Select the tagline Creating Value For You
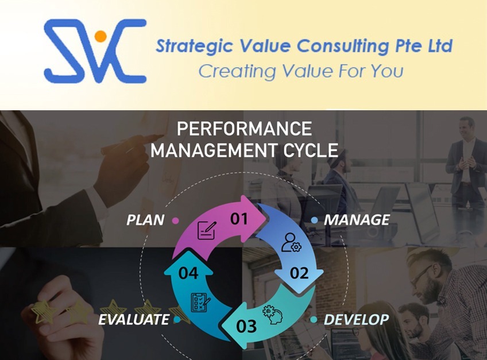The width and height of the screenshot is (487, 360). pyautogui.click(x=300, y=71)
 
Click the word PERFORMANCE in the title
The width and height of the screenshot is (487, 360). pyautogui.click(x=244, y=128)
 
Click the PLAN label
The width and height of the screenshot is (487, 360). pyautogui.click(x=145, y=220)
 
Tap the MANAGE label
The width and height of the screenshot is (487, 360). pyautogui.click(x=357, y=220)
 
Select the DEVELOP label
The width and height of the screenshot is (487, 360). pyautogui.click(x=356, y=319)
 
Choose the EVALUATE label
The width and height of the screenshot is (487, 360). pyautogui.click(x=133, y=319)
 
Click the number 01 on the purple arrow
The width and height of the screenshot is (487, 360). pyautogui.click(x=239, y=218)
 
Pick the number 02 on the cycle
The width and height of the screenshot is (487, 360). pyautogui.click(x=299, y=273)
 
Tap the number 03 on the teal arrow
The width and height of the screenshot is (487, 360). pyautogui.click(x=246, y=326)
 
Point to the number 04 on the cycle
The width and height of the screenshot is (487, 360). pyautogui.click(x=188, y=273)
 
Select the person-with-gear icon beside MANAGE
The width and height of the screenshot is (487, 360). pyautogui.click(x=290, y=243)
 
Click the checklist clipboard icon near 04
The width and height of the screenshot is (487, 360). pyautogui.click(x=200, y=301)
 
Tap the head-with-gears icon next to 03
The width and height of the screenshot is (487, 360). pyautogui.click(x=270, y=314)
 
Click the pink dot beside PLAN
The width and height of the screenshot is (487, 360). pyautogui.click(x=175, y=220)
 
